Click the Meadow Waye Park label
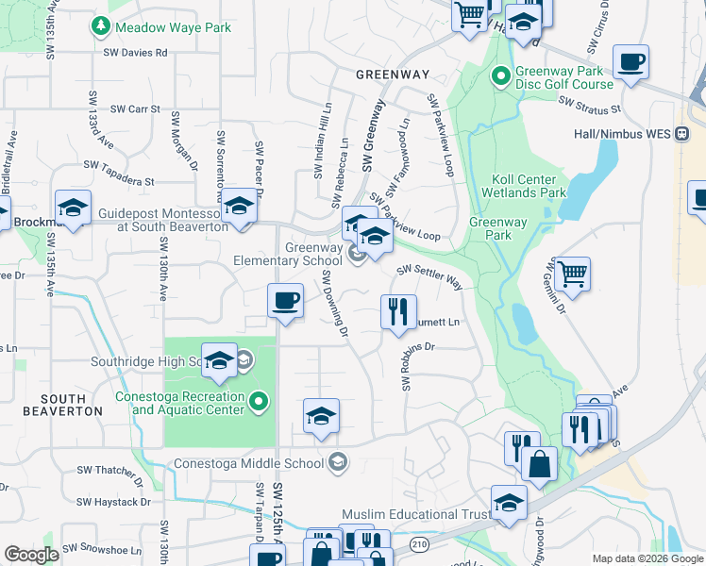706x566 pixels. point(174,27)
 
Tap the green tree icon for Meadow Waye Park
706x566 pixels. point(99,27)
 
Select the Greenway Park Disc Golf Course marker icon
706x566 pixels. point(500,75)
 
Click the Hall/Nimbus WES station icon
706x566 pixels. point(681,134)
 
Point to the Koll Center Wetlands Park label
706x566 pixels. point(529,186)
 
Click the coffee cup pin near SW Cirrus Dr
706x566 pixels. point(630,62)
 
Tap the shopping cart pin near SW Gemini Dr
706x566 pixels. point(573,274)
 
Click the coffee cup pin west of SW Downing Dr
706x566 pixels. point(285,301)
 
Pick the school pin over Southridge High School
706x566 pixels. point(219,360)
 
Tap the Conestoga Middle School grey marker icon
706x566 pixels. point(338,462)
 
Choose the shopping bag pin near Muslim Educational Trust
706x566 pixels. point(539,464)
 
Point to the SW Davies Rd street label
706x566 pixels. point(136,53)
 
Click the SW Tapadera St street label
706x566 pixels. point(118,173)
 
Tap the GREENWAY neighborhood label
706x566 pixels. point(393,74)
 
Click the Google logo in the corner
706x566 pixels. point(31,555)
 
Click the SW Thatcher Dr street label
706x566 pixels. point(113,470)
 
